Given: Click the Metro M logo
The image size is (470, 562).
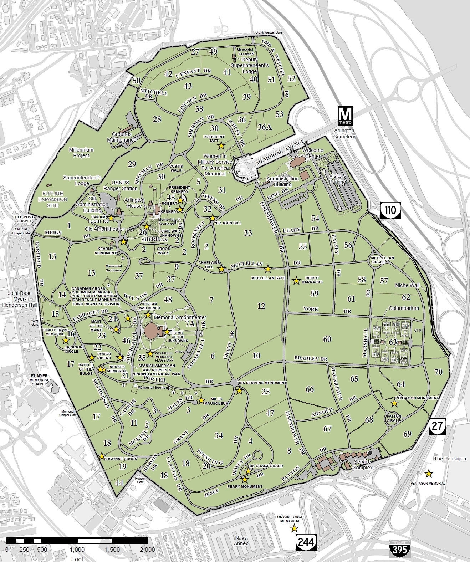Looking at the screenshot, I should [345, 115].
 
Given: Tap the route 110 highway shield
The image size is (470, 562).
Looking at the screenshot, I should [390, 210].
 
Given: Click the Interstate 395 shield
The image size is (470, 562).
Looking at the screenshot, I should [399, 549].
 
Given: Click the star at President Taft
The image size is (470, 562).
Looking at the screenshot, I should [221, 145].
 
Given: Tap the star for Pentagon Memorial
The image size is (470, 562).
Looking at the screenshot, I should [428, 474].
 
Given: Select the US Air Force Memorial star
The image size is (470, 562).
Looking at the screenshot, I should [295, 528].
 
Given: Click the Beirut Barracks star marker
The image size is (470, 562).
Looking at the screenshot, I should [296, 281].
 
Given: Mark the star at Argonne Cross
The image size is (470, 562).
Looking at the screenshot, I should [102, 456].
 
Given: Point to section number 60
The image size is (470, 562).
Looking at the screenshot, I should [327, 339].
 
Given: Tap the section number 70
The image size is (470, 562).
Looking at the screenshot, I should [438, 372].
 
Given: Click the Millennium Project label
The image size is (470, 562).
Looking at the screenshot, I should [81, 153].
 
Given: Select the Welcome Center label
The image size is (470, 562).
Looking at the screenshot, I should [313, 153].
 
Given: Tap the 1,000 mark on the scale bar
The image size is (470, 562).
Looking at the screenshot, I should [77, 549].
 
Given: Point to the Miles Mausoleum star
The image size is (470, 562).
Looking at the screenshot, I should [201, 400].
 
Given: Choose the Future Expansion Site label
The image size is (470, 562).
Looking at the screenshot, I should [52, 199].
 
